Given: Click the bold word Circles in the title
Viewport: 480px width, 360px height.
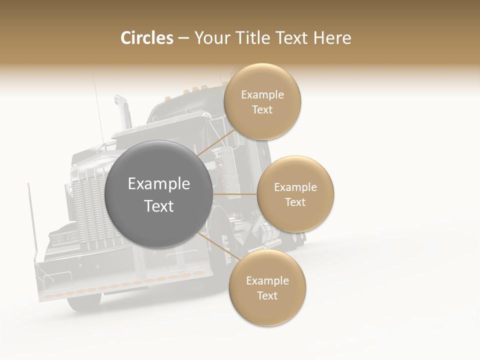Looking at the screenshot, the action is [146, 38].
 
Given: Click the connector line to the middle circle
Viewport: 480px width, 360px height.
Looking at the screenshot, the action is [235, 194].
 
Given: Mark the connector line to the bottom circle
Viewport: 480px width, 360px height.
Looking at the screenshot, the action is [217, 246].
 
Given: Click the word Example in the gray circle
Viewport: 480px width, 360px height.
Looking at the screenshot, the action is [159, 184].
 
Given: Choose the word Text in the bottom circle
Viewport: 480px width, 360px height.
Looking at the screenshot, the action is [267, 295].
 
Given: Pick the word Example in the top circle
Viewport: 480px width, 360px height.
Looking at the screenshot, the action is [262, 94].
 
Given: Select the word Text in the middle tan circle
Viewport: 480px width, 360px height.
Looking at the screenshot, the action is [295, 202].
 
